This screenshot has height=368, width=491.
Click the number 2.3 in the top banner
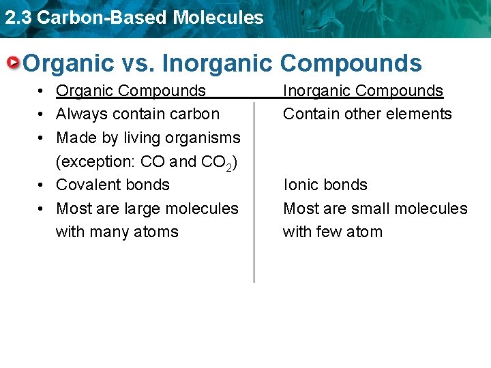18,17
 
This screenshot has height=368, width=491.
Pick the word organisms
209,138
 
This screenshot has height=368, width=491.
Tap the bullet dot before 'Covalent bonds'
42,185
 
